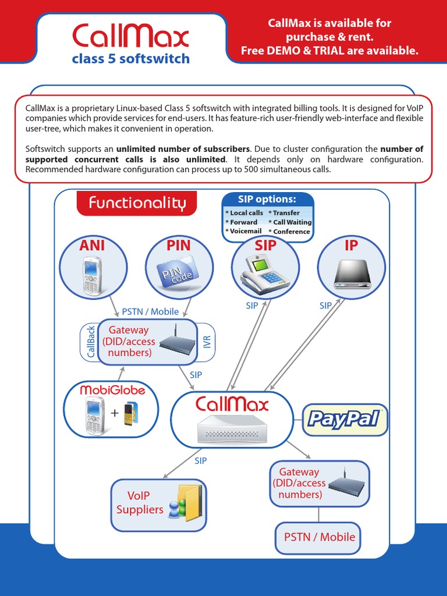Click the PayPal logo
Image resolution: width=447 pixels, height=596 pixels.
tap(345, 419)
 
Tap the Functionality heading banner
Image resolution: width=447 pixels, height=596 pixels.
tap(137, 203)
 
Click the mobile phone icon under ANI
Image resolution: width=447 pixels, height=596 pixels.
tap(92, 276)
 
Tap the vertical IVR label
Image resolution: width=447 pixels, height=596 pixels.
tap(207, 342)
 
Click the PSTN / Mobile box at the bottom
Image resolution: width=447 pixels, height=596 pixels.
tap(319, 537)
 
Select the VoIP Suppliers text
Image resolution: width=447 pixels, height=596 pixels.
tap(140, 502)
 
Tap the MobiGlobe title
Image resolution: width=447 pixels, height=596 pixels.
tap(112, 390)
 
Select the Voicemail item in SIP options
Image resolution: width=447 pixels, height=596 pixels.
tap(243, 231)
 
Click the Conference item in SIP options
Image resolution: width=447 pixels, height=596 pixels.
tap(291, 231)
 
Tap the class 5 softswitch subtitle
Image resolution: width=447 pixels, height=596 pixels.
tap(130, 59)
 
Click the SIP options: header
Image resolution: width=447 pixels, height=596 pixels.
tap(267, 199)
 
